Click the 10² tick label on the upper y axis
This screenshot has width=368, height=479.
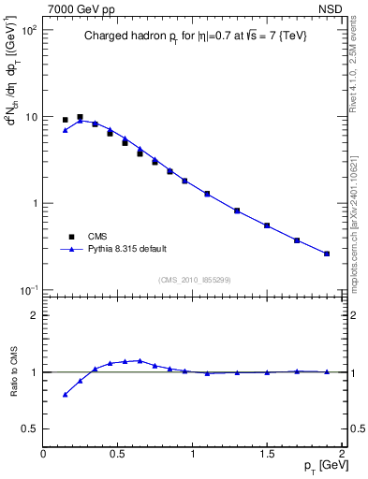click(x=29, y=31)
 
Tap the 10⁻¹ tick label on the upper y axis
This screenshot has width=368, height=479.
click(x=29, y=290)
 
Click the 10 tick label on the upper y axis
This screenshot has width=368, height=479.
click(x=32, y=117)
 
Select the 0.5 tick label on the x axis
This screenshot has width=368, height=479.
click(x=118, y=454)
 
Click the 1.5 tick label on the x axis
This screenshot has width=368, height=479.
click(x=267, y=454)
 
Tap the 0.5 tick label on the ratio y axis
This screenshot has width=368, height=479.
click(x=30, y=428)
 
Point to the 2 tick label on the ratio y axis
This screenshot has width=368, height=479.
click(x=35, y=315)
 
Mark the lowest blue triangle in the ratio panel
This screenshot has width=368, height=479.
click(x=65, y=395)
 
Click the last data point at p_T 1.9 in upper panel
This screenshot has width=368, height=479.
click(x=327, y=254)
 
